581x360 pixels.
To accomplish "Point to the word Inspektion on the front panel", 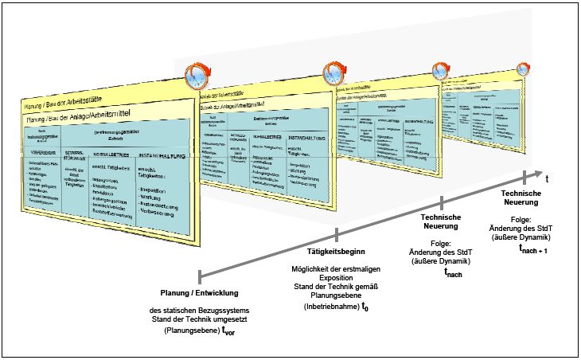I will click(x=156, y=190).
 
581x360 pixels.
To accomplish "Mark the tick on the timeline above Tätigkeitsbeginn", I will click(x=337, y=234).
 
